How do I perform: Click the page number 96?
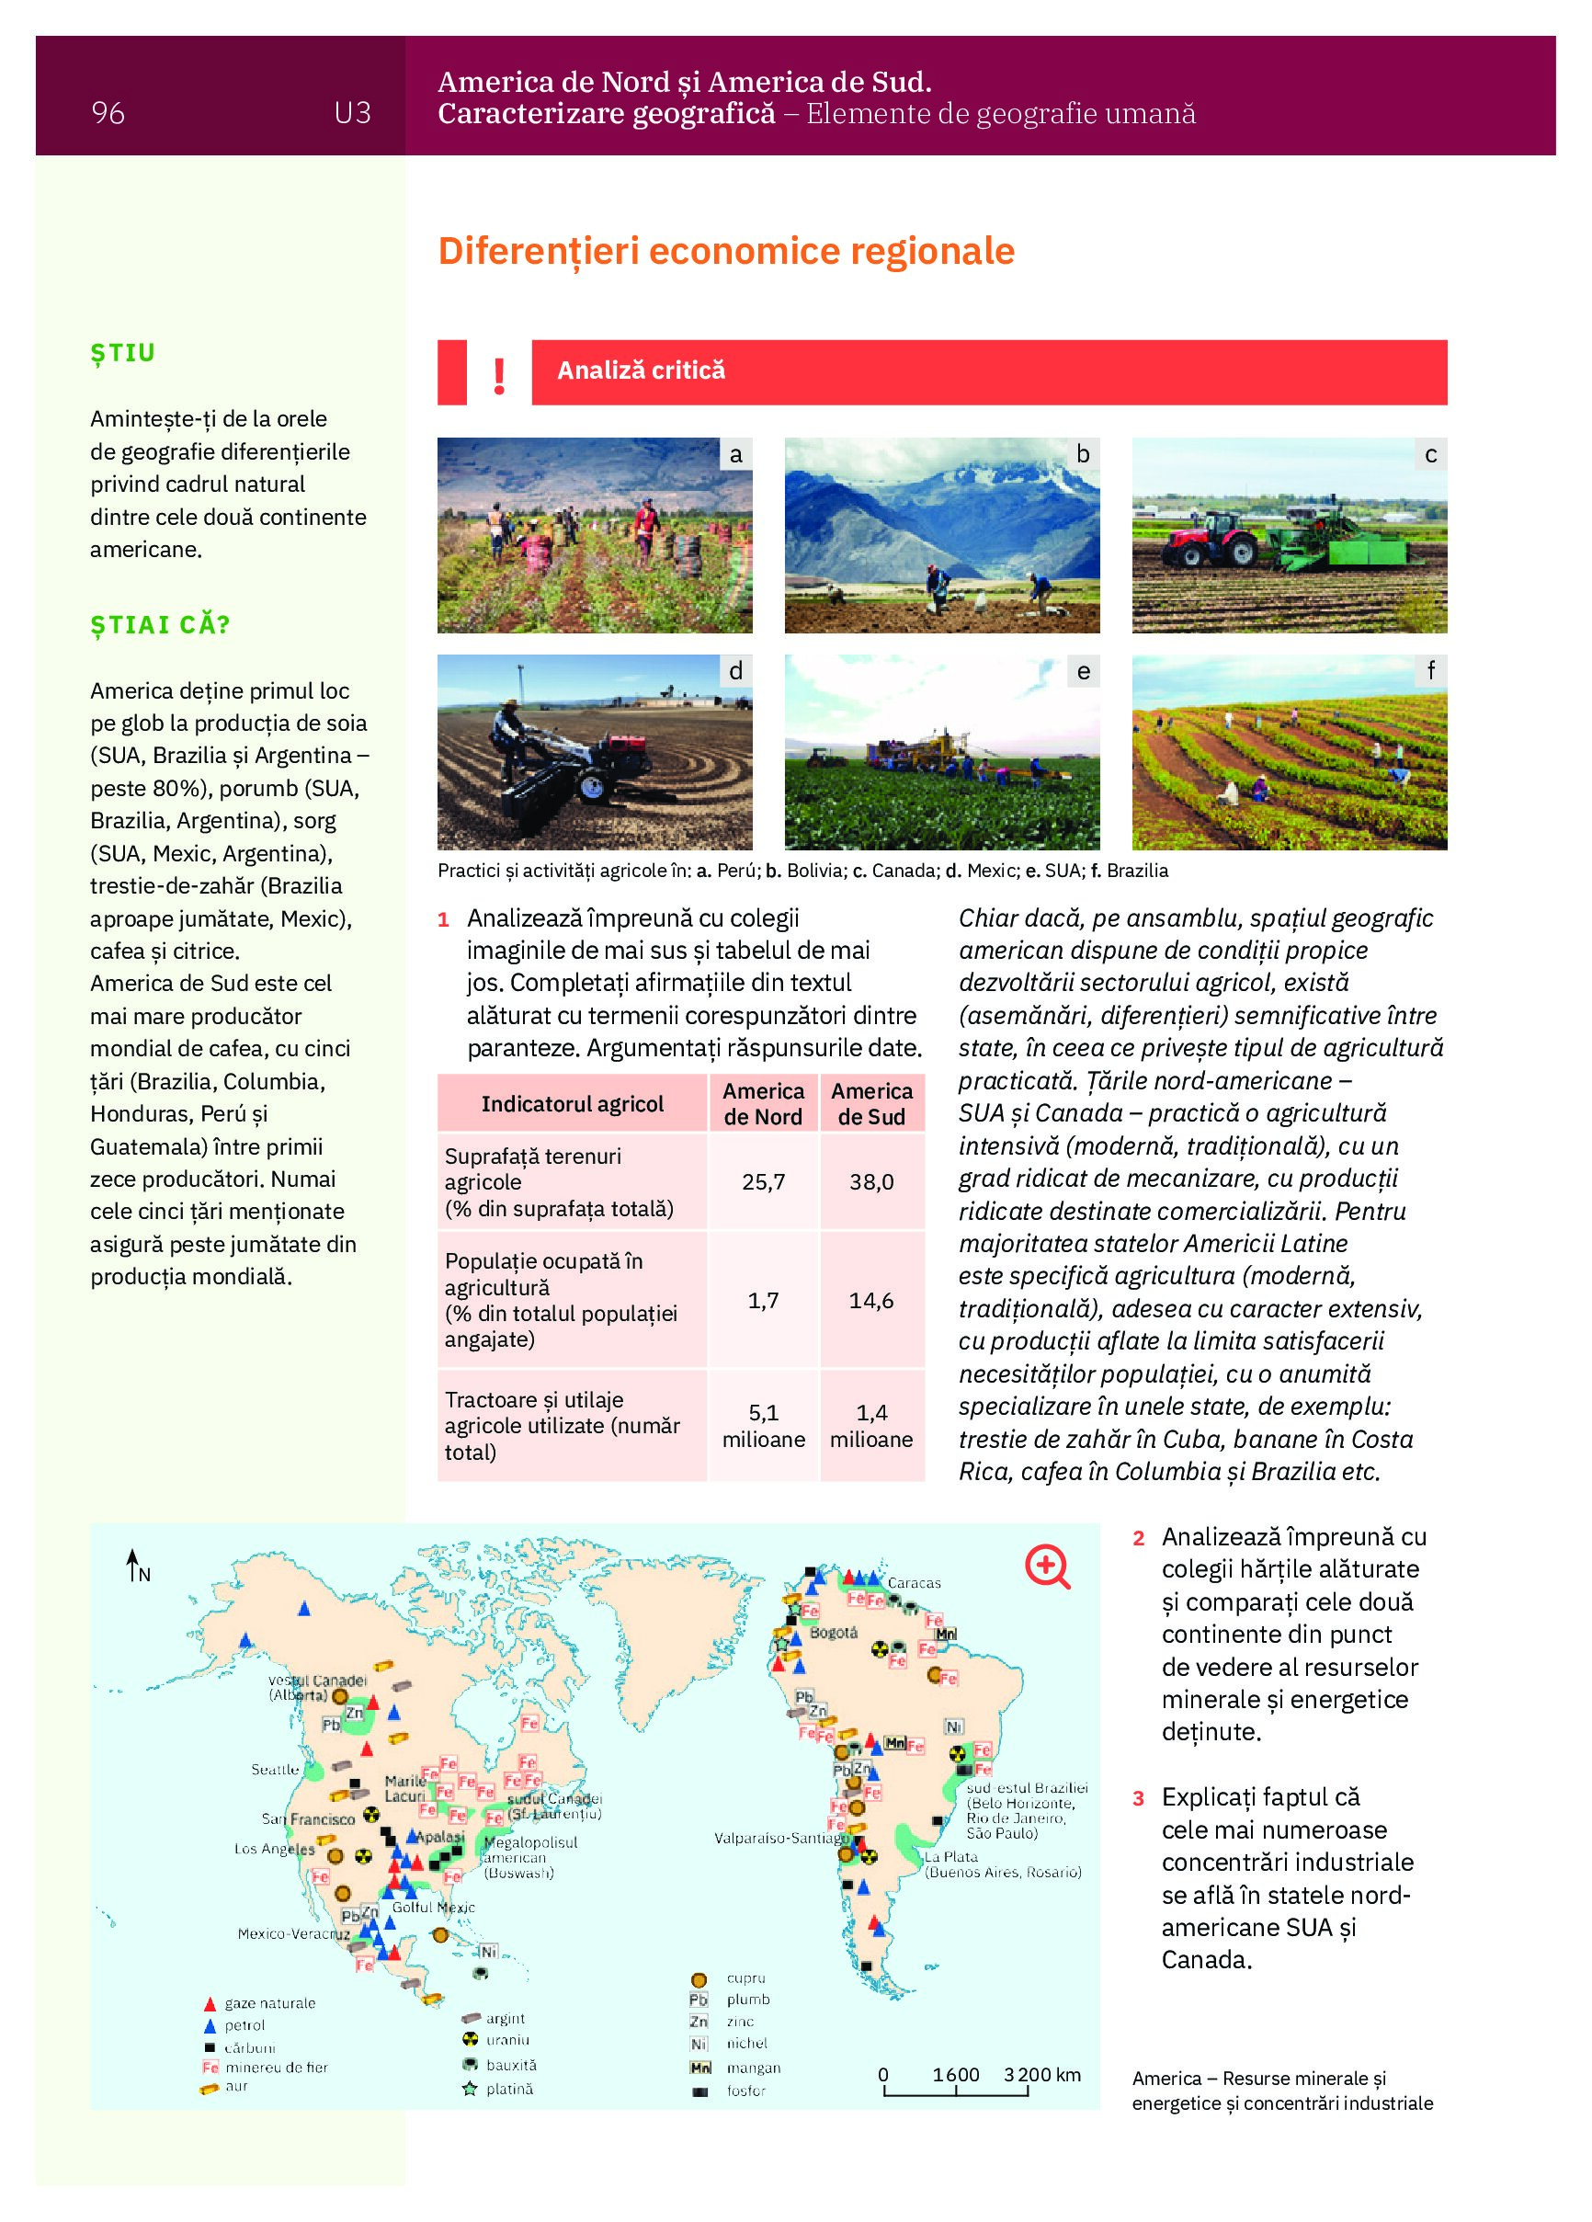point(108,114)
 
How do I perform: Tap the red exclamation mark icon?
point(500,374)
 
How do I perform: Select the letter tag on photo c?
point(1430,454)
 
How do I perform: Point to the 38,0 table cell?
point(871,1181)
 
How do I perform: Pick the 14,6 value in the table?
point(871,1300)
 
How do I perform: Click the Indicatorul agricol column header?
point(572,1104)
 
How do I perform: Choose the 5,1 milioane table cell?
point(763,1426)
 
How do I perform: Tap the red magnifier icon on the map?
point(1046,1566)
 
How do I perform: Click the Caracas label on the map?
point(914,1582)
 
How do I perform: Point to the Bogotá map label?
point(834,1632)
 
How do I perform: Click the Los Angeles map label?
point(274,1849)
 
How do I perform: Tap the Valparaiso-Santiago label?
point(780,1838)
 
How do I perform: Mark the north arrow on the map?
point(132,1566)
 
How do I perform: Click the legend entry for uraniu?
point(507,2040)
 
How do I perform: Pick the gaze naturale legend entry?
point(269,2003)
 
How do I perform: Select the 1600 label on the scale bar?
point(955,2074)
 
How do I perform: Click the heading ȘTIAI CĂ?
point(160,625)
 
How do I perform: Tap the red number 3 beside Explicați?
point(1139,1799)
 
